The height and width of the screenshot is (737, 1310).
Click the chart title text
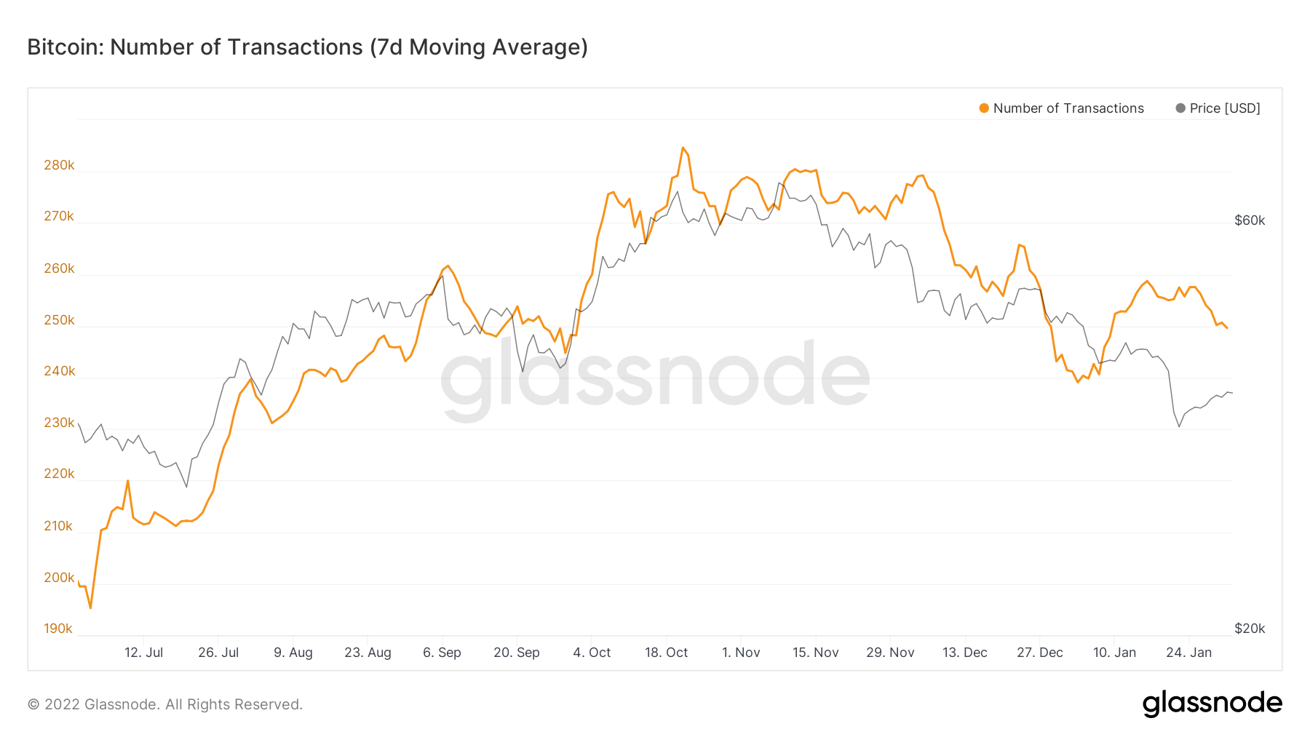coord(307,47)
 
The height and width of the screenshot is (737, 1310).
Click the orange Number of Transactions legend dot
coord(984,108)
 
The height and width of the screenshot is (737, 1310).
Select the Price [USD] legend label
coord(1224,108)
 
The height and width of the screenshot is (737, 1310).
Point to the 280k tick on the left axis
coord(59,165)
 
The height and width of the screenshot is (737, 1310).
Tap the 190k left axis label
coord(58,629)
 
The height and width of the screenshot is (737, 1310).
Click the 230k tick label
coord(59,423)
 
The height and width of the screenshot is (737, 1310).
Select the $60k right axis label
coord(1250,220)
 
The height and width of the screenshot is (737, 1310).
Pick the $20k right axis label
coord(1250,629)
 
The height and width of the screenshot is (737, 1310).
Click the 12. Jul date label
coord(143,653)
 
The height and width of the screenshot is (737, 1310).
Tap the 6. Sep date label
coord(442,653)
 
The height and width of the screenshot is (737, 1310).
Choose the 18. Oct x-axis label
coord(666,653)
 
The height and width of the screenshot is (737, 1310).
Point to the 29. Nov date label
coord(890,653)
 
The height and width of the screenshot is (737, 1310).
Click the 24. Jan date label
coord(1188,653)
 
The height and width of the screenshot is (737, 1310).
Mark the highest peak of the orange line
coord(683,148)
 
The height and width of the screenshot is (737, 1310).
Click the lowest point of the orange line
coord(90,607)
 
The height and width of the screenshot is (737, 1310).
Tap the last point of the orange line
coord(1227,328)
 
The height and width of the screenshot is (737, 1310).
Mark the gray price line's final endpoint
coord(1231,393)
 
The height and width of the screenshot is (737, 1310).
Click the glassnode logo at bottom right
coord(1212,704)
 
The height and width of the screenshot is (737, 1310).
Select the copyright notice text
coord(165,704)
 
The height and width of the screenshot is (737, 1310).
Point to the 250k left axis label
coord(59,320)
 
